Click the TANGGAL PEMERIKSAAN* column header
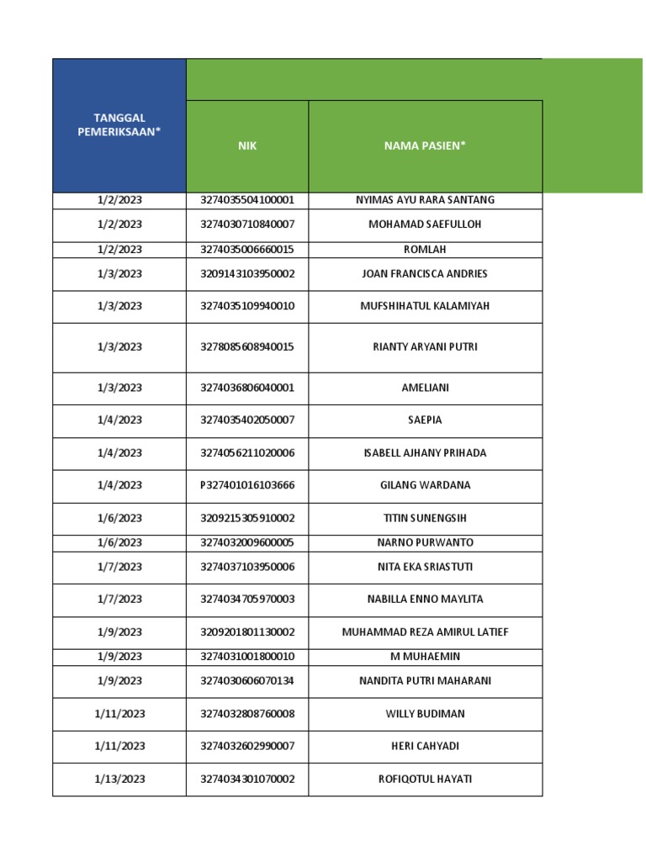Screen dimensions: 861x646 click(119, 125)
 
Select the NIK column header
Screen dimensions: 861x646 click(247, 146)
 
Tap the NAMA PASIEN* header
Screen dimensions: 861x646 click(425, 146)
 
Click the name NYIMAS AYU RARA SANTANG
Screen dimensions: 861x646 click(425, 200)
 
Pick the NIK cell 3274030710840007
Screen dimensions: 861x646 click(247, 224)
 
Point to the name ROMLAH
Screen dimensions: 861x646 click(425, 250)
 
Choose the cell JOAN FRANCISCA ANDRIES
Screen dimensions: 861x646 click(425, 274)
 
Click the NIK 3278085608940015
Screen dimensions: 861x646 click(247, 347)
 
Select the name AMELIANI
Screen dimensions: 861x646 click(425, 388)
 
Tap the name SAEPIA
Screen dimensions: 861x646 click(425, 420)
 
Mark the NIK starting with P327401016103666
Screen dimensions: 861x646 click(247, 485)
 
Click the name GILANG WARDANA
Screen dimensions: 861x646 click(425, 485)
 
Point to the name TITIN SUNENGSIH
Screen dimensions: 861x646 click(425, 519)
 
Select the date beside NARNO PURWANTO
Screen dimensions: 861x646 click(119, 543)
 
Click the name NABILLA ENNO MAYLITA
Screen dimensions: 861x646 click(425, 600)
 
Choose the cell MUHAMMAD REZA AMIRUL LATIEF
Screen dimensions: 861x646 click(425, 632)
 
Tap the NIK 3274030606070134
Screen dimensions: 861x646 click(247, 681)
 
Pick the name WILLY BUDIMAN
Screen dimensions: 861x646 click(425, 714)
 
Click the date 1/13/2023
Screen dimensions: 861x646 click(119, 779)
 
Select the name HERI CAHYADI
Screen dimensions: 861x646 click(425, 747)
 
